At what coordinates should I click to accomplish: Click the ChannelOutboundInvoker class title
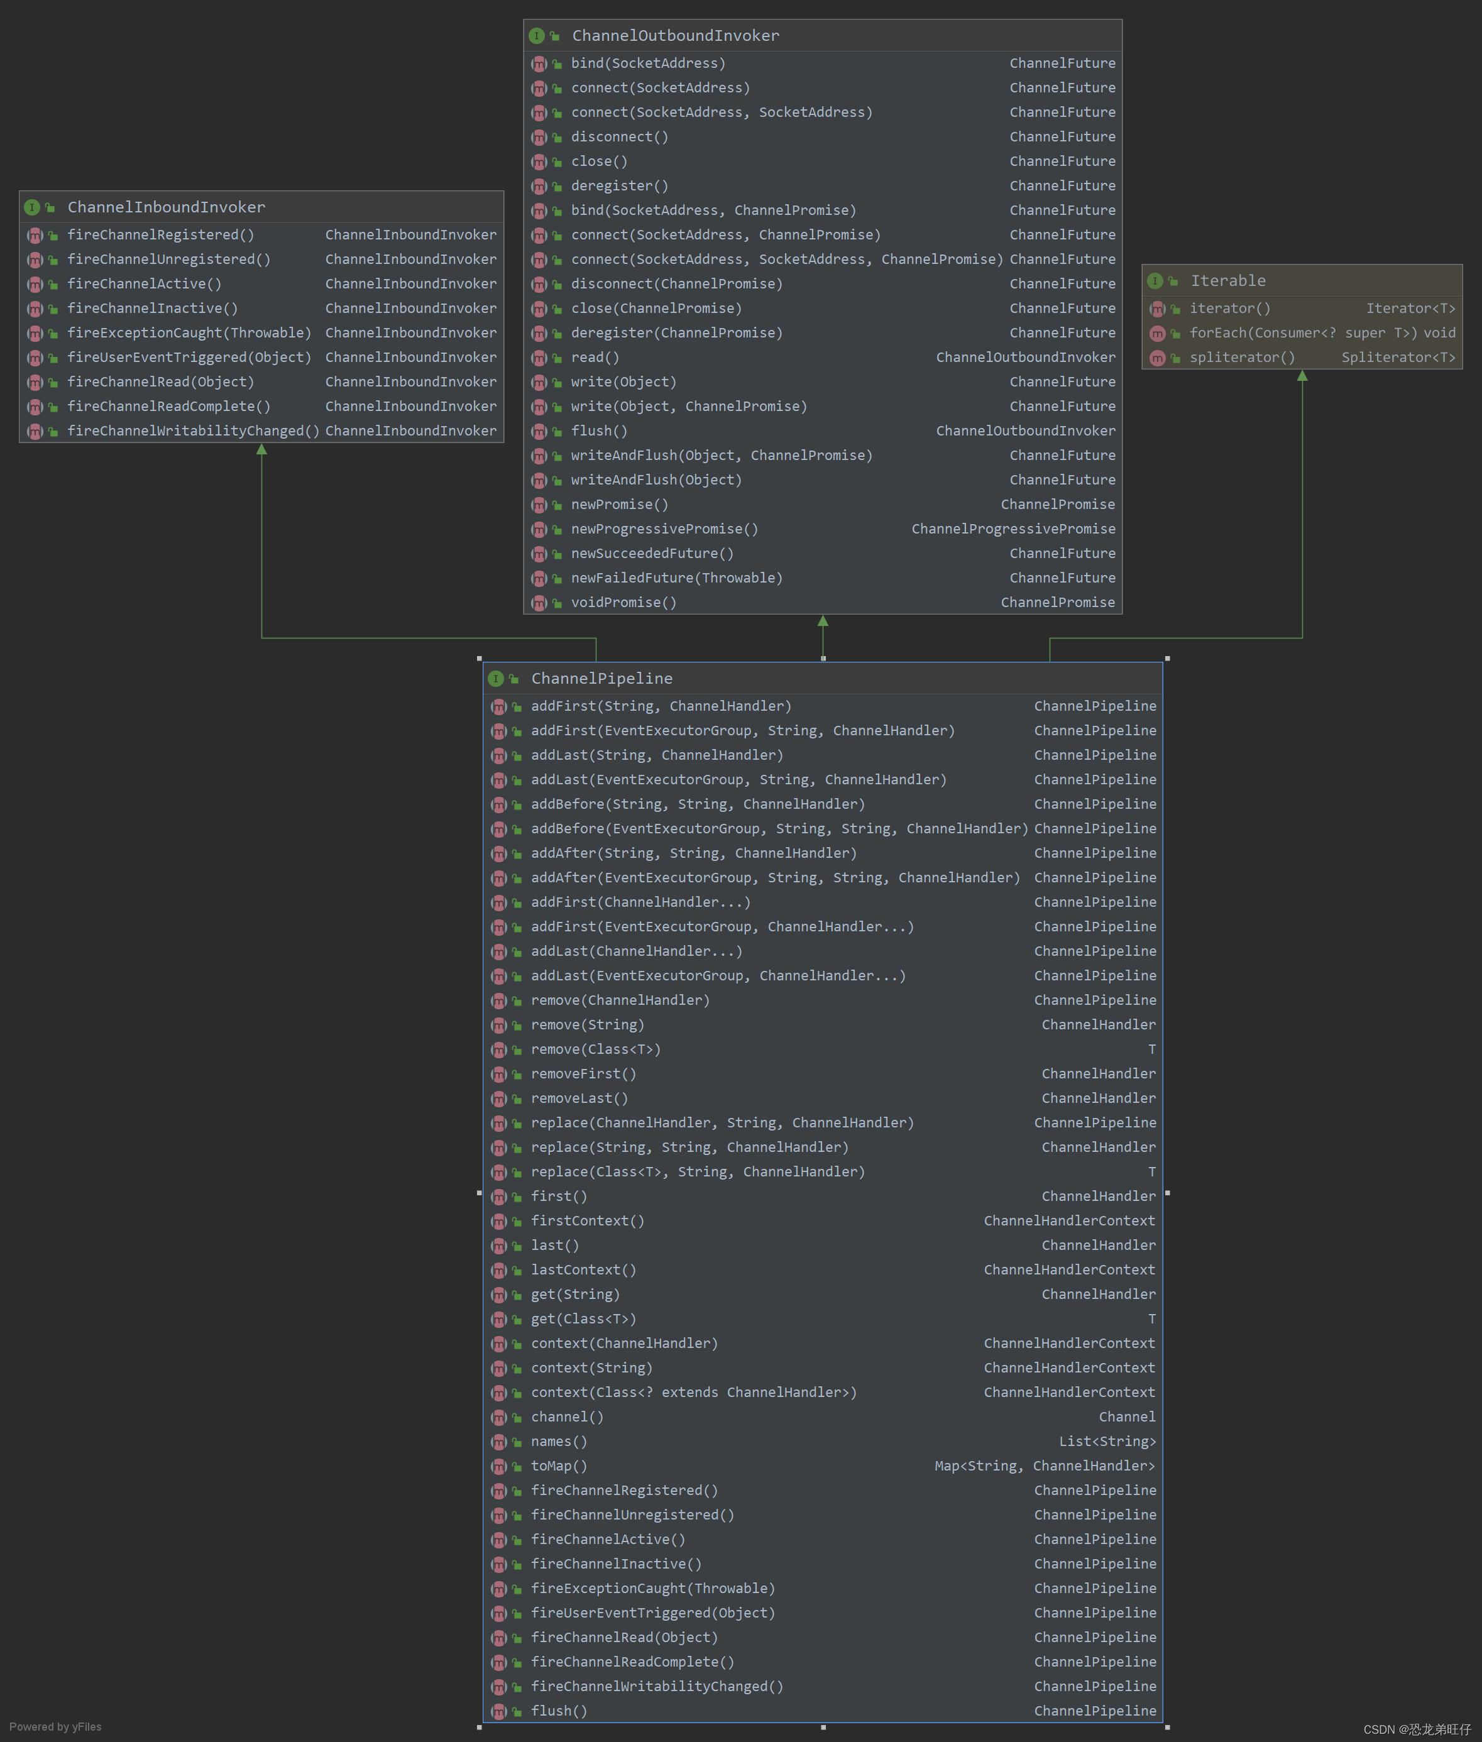click(676, 35)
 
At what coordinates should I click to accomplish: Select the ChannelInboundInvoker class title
click(167, 207)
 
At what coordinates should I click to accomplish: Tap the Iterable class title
click(1227, 280)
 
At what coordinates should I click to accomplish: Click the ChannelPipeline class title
click(601, 678)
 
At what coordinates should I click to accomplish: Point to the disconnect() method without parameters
click(619, 137)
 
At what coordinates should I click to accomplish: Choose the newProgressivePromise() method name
click(664, 529)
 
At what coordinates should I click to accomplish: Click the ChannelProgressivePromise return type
click(1013, 529)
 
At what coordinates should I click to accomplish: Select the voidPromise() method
click(623, 602)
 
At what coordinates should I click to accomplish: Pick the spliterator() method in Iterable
click(1242, 358)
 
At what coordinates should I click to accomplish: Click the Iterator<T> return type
click(1410, 309)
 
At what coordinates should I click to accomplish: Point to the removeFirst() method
click(583, 1073)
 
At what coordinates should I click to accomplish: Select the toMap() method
click(559, 1465)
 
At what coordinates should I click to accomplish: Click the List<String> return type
click(1106, 1442)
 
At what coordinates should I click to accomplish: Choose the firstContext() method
click(587, 1220)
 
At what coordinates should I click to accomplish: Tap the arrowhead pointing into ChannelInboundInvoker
click(262, 449)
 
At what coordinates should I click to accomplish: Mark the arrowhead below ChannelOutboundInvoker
click(823, 621)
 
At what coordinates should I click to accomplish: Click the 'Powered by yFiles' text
click(55, 1727)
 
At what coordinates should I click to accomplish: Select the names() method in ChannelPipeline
click(559, 1442)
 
